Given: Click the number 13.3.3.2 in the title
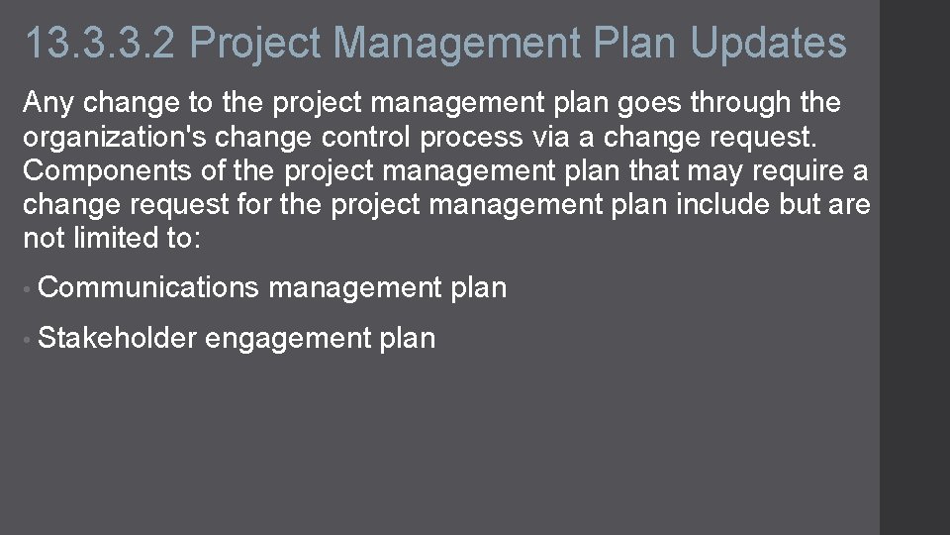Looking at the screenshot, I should tap(99, 43).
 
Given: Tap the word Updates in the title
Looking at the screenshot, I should tap(768, 43).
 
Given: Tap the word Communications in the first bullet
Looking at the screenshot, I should tap(148, 288).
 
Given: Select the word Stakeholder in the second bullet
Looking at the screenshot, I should tap(117, 338).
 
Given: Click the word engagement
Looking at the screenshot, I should tap(288, 338).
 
